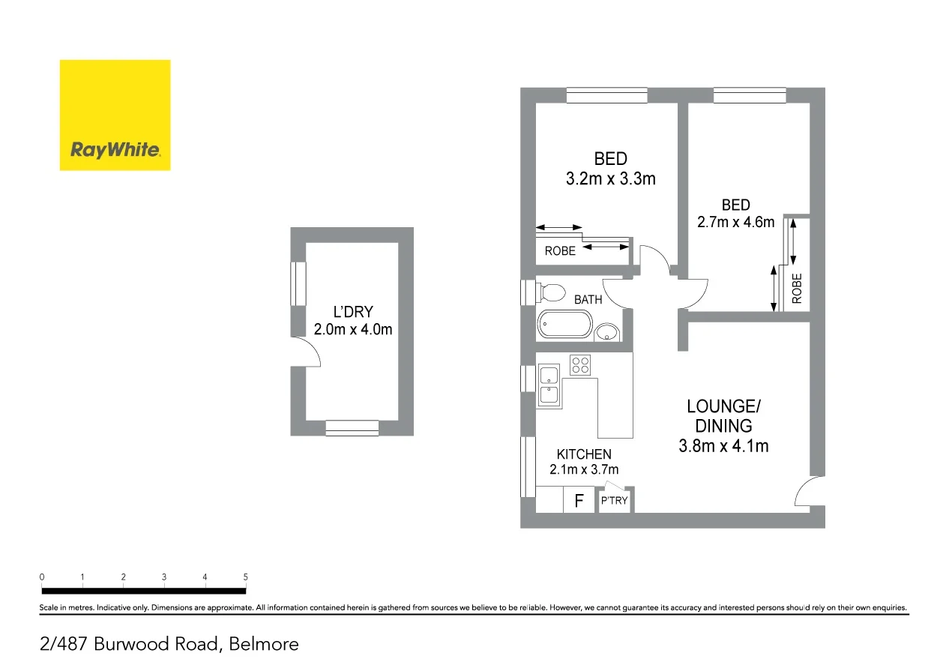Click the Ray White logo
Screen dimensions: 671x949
click(x=115, y=115)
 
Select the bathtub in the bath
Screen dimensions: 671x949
click(x=564, y=325)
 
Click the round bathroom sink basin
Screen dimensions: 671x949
click(x=606, y=333)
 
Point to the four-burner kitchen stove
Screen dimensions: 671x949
click(x=580, y=364)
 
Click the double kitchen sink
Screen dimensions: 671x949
click(x=549, y=386)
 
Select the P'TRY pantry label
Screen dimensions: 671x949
click(x=614, y=501)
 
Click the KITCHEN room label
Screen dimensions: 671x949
click(x=584, y=454)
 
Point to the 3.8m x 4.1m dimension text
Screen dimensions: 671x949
click(x=723, y=446)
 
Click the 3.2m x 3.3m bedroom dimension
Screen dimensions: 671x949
click(x=610, y=179)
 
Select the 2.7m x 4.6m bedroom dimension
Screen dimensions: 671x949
click(x=735, y=222)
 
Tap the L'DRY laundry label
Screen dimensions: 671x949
click(x=352, y=312)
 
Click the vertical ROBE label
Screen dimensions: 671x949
click(x=797, y=287)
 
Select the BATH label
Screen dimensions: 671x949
click(x=588, y=300)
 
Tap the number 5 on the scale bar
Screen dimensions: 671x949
click(x=245, y=577)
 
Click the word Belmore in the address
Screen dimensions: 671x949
click(x=264, y=644)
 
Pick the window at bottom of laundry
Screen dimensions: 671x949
click(x=352, y=428)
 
